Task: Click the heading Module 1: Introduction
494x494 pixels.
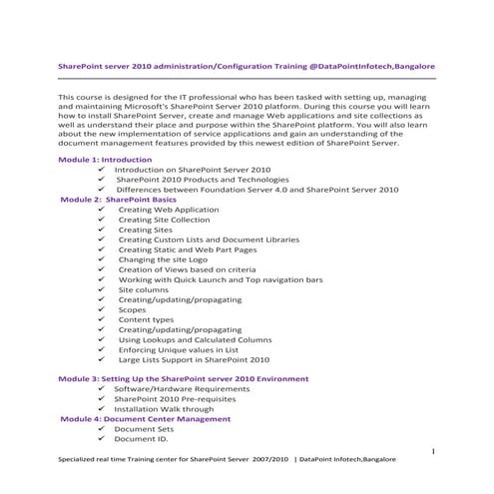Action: [105, 160]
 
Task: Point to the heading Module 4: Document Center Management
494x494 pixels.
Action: [146, 419]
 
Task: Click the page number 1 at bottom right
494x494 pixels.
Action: [435, 450]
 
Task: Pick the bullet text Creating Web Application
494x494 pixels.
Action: [168, 211]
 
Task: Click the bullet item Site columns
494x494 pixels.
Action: [145, 290]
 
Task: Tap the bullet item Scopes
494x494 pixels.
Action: [132, 310]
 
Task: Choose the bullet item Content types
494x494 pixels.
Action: [146, 319]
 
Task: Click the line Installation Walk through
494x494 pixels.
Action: [164, 409]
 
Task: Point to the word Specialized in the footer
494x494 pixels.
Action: [81, 460]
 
